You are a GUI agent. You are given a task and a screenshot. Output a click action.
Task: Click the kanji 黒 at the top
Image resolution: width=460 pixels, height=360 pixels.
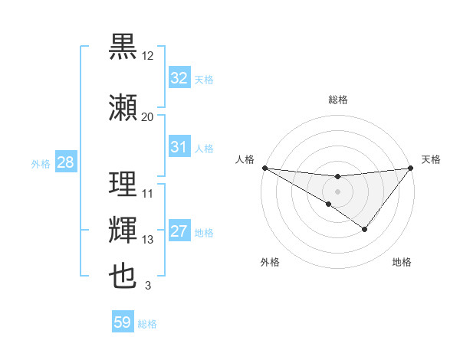(123, 46)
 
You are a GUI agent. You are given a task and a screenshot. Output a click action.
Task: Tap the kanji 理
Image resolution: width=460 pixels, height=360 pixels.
(123, 184)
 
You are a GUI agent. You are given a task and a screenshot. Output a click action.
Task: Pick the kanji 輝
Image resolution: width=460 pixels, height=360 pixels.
(123, 230)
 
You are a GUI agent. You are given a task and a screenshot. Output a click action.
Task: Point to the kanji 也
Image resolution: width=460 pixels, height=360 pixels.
(123, 276)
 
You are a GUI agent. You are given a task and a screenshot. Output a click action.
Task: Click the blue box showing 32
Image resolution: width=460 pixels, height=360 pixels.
(179, 78)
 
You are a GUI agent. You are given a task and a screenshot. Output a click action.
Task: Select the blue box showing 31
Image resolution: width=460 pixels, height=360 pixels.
(179, 147)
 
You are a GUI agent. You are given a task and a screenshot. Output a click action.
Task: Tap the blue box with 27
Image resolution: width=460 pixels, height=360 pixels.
(179, 232)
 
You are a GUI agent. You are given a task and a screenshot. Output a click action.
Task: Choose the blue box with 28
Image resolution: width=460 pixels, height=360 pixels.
(65, 162)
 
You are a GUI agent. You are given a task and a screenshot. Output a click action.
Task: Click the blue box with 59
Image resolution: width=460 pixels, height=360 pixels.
(122, 322)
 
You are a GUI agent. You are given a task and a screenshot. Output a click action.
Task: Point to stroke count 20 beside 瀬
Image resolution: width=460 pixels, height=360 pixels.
(147, 116)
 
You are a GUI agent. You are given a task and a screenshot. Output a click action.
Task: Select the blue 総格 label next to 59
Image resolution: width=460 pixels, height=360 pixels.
(147, 324)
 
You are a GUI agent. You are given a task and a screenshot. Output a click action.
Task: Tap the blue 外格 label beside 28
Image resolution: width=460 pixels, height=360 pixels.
(41, 164)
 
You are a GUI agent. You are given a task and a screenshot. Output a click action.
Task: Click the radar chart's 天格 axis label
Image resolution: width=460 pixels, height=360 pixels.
(431, 159)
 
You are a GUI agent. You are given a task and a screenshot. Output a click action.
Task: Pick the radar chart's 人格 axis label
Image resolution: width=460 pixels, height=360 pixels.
(245, 159)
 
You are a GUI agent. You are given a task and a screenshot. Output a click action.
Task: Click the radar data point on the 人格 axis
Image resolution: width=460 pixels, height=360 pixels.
(264, 167)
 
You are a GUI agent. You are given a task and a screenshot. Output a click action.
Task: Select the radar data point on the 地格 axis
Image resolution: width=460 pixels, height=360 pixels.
(365, 229)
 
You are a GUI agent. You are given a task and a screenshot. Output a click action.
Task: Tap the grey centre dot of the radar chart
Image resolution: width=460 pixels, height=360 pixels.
(337, 190)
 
